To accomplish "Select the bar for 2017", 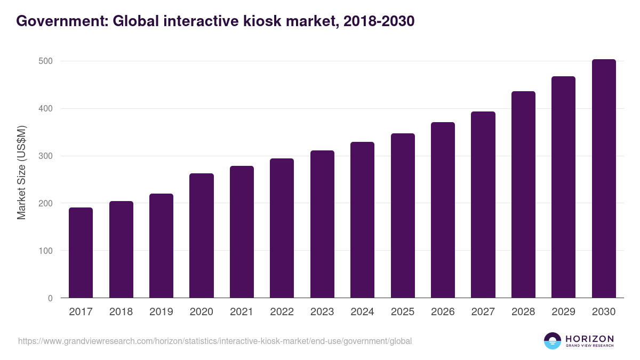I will (81, 253).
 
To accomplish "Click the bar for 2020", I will (202, 236).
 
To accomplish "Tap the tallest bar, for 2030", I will (603, 179).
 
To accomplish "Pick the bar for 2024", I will (362, 220).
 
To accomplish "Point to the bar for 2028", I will (523, 195).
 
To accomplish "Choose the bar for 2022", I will (282, 228).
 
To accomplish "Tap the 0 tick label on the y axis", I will (50, 298).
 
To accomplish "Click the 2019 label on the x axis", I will (161, 312).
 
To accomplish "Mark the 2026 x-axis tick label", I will (443, 312).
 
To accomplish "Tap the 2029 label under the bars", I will (563, 312).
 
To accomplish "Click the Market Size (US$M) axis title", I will (21, 172).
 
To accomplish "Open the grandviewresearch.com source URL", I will (214, 341).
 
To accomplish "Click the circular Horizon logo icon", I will (553, 341).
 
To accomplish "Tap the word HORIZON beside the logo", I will (589, 338).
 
